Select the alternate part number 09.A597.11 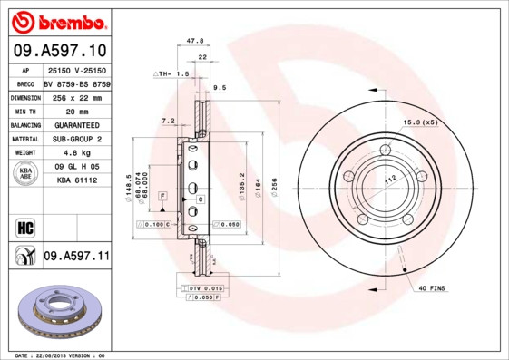coord(76,257)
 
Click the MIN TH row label coord(24,110)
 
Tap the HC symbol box coord(25,226)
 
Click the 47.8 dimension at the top coord(194,41)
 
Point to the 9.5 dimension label coord(219,88)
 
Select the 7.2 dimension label coord(167,121)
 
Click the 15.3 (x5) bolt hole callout coord(420,122)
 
